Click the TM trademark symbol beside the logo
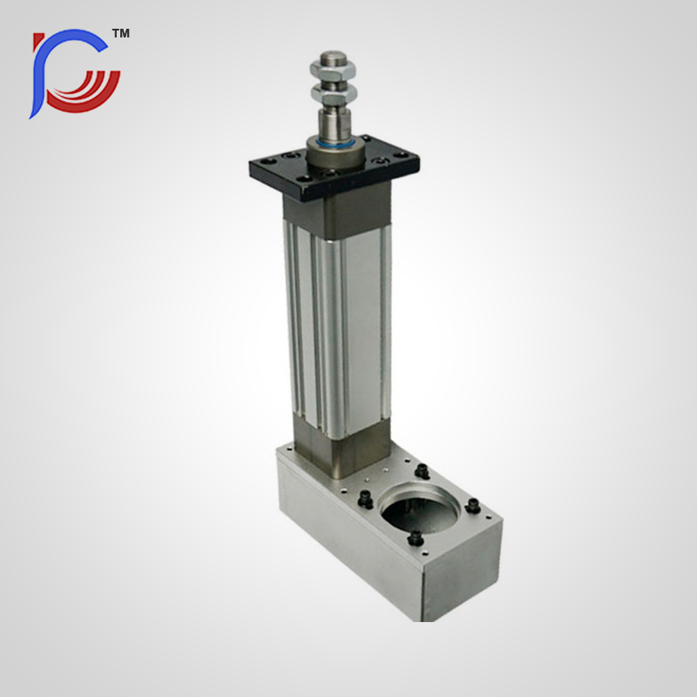120,33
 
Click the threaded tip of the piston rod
333,58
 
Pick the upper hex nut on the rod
333,71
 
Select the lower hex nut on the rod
334,92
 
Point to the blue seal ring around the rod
335,144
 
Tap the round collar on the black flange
335,156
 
